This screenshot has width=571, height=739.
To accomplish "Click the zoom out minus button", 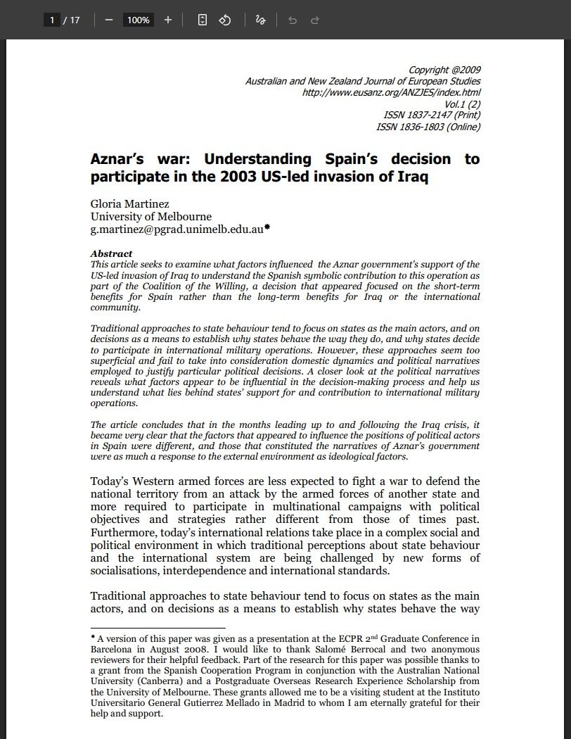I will [108, 20].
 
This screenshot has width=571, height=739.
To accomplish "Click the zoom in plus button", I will [167, 20].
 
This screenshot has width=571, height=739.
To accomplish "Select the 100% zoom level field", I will [138, 20].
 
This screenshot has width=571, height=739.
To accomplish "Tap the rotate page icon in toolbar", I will [225, 20].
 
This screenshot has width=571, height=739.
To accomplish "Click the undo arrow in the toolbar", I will [293, 20].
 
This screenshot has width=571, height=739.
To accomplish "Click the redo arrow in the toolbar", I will [315, 20].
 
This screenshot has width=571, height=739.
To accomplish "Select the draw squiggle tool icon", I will [260, 20].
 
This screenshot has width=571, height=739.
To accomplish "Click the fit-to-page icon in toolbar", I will [203, 20].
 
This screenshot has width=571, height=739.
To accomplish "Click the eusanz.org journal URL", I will [391, 92].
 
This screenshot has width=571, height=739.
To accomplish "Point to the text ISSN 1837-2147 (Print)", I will [432, 115].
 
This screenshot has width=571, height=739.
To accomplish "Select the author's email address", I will [176, 229].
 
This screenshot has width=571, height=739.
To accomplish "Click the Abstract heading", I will [111, 253].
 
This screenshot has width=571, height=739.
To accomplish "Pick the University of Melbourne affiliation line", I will [150, 217].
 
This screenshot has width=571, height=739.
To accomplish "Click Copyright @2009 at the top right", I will [444, 70].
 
